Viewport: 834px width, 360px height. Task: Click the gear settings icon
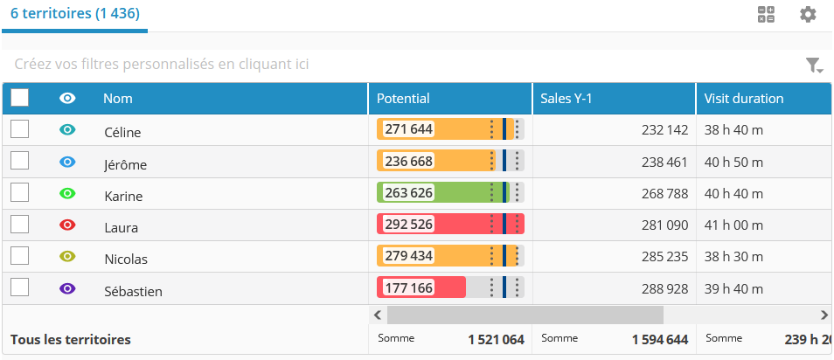(x=808, y=14)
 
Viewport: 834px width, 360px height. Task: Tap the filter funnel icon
(x=813, y=65)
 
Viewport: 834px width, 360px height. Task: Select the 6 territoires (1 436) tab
(x=75, y=14)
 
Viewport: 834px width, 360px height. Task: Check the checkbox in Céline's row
(x=19, y=129)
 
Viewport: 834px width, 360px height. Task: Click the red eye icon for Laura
(x=67, y=225)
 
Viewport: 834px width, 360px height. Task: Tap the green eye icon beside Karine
(x=67, y=193)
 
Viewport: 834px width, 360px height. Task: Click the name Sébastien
(x=133, y=291)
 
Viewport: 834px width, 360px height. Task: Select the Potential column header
(x=403, y=99)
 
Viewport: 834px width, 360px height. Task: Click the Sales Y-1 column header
(x=566, y=99)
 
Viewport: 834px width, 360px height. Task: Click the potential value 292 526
(x=409, y=225)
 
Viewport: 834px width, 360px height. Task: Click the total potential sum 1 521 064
(x=496, y=339)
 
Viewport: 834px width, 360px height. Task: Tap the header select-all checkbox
(x=20, y=98)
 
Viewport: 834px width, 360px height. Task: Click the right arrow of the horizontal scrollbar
(x=824, y=315)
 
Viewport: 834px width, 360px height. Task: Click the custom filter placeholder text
(x=162, y=64)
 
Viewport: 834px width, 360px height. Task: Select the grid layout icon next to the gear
(x=766, y=14)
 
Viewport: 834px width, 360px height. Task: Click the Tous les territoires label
(x=70, y=339)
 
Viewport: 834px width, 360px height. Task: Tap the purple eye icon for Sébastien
(x=67, y=288)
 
